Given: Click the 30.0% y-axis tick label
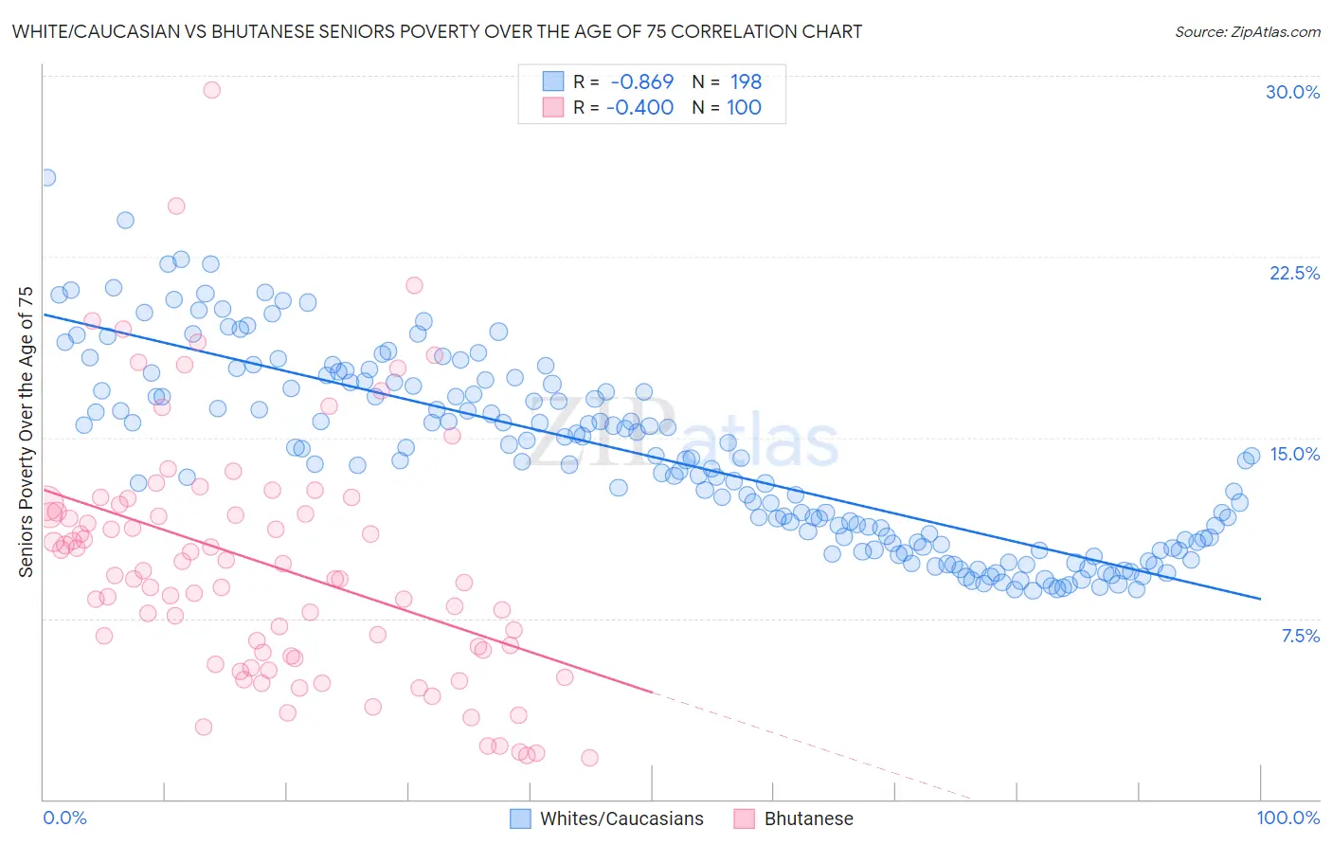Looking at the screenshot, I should point(1292,92).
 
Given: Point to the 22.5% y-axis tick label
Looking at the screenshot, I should point(1294,273).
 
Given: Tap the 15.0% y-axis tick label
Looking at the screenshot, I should point(1294,454).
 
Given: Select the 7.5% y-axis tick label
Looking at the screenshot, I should point(1300,636).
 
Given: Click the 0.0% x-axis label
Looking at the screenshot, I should point(64,818).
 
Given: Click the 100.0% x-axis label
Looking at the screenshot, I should point(1287,818).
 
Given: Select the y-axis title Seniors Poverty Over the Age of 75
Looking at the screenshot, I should point(26,432).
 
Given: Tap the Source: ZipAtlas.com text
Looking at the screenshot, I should point(1247,31).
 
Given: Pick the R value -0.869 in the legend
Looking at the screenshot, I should point(641,81).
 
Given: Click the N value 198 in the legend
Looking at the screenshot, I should point(746,81).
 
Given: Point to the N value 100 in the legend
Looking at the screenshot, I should point(744,107).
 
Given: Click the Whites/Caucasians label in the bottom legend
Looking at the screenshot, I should point(621,818).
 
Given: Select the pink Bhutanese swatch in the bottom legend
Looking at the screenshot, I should point(744,818).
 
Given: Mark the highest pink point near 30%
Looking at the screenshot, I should point(212,90).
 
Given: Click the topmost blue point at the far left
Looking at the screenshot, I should point(46,177).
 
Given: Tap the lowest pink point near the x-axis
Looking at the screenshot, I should point(589,758).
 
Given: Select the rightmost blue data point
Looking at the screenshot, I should point(1251,457).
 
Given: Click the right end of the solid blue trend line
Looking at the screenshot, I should point(1260,599).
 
